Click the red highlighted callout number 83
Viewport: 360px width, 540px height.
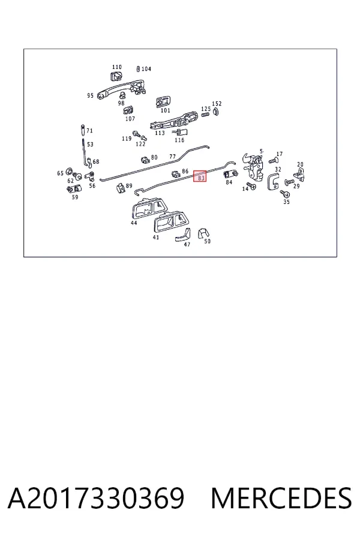pos(200,176)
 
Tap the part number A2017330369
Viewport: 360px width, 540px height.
pos(96,498)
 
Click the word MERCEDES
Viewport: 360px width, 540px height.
pos(281,498)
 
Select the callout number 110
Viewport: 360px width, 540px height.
pos(117,67)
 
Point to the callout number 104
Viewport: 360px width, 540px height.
pos(146,69)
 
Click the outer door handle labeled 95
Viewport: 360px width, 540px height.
pos(121,88)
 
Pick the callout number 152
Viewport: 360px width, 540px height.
pos(217,104)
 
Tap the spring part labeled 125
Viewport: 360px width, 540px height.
pos(205,113)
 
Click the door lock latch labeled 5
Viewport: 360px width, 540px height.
pos(253,166)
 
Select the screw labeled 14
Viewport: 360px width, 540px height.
pos(251,185)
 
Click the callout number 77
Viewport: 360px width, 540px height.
pos(173,157)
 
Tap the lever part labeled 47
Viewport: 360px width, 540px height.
pos(182,235)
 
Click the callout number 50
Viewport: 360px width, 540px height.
pos(207,241)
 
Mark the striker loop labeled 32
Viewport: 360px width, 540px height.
pos(273,181)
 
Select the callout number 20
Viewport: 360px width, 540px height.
pos(300,164)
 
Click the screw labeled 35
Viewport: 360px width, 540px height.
pos(285,194)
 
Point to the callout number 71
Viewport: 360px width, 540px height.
pos(89,131)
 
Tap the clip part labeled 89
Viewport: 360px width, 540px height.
pos(121,188)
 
